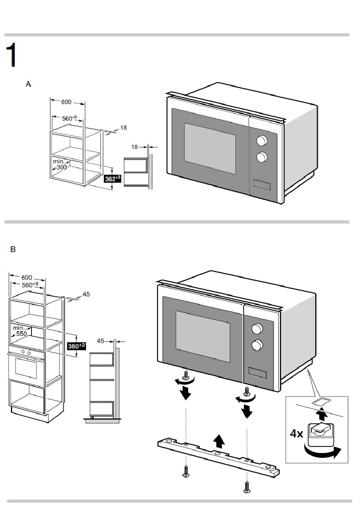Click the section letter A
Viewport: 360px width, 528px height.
coord(28,84)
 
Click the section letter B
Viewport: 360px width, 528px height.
coord(13,249)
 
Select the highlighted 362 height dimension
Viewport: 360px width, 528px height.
coord(113,179)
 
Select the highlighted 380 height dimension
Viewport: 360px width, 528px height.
coord(76,346)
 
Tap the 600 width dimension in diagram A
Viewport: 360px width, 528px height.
coord(66,102)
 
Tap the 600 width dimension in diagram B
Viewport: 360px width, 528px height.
coord(27,277)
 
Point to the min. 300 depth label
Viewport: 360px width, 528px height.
coord(59,165)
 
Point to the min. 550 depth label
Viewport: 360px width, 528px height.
coord(20,331)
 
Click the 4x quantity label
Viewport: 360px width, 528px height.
coord(297,433)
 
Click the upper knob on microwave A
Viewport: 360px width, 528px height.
coord(261,141)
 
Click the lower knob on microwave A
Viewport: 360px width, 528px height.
coord(261,157)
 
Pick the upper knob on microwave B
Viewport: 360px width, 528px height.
coord(257,329)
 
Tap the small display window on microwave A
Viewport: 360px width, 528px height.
coord(261,185)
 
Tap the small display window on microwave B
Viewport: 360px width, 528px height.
coord(257,372)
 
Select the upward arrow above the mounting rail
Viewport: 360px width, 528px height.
coord(219,441)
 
